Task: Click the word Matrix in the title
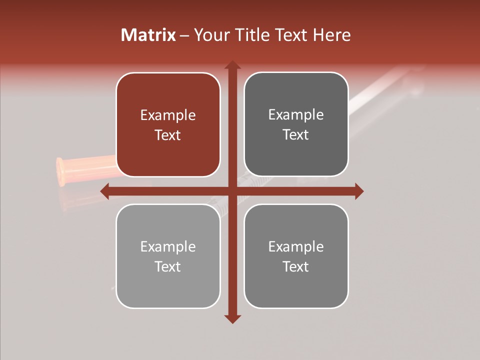148,35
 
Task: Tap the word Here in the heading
331,35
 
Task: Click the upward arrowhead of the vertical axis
232,65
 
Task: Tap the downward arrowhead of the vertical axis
232,318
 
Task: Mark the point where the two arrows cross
232,191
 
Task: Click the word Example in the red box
168,115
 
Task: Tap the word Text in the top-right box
296,135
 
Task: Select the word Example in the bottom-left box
168,247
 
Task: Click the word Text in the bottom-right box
296,266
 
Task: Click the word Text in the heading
292,35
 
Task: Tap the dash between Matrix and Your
184,35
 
